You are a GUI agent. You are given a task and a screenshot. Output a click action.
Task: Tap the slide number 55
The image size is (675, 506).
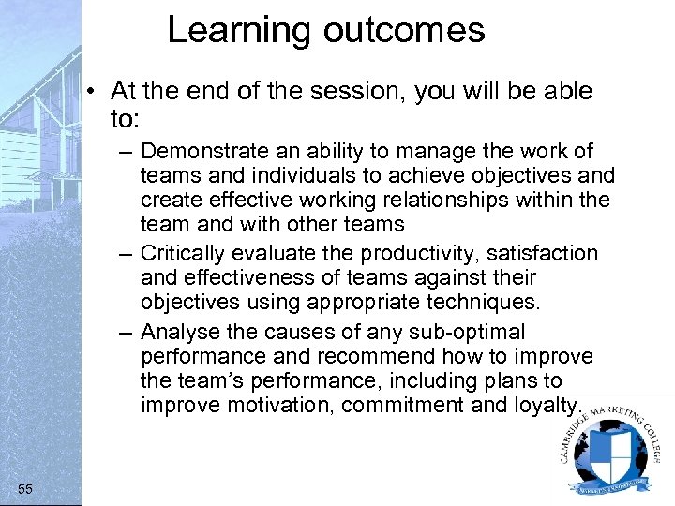pyautogui.click(x=25, y=487)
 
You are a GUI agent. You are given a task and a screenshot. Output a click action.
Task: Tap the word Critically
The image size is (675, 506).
pyautogui.click(x=184, y=253)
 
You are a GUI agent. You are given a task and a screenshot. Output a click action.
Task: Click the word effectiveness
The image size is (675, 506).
pyautogui.click(x=230, y=277)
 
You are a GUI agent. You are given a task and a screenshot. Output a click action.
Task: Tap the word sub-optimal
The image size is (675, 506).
pyautogui.click(x=468, y=332)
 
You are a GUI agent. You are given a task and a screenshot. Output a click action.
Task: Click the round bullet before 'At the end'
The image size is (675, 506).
pyautogui.click(x=97, y=92)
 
